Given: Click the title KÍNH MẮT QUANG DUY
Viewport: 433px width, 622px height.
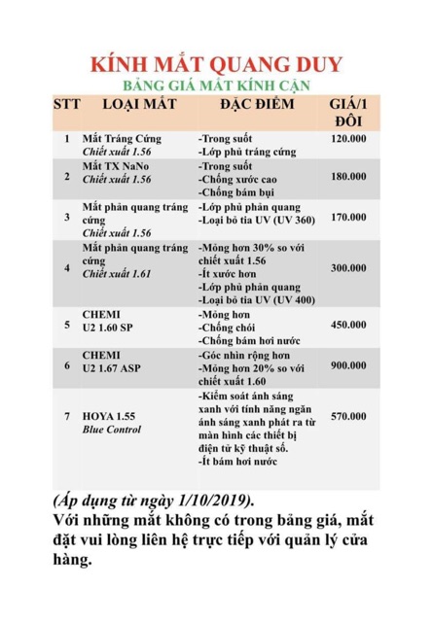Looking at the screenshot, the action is (x=216, y=64).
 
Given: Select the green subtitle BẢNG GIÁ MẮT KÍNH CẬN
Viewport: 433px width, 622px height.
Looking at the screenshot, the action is (x=216, y=85).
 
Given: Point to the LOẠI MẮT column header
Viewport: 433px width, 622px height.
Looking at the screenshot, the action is (x=139, y=103).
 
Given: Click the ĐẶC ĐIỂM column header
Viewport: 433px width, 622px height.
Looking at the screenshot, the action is (x=255, y=103).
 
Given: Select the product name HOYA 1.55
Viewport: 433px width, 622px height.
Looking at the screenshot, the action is (x=109, y=416).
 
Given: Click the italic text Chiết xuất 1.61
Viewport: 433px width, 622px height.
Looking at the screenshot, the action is (x=117, y=275).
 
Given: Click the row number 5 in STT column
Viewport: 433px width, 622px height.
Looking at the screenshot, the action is (x=67, y=325).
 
